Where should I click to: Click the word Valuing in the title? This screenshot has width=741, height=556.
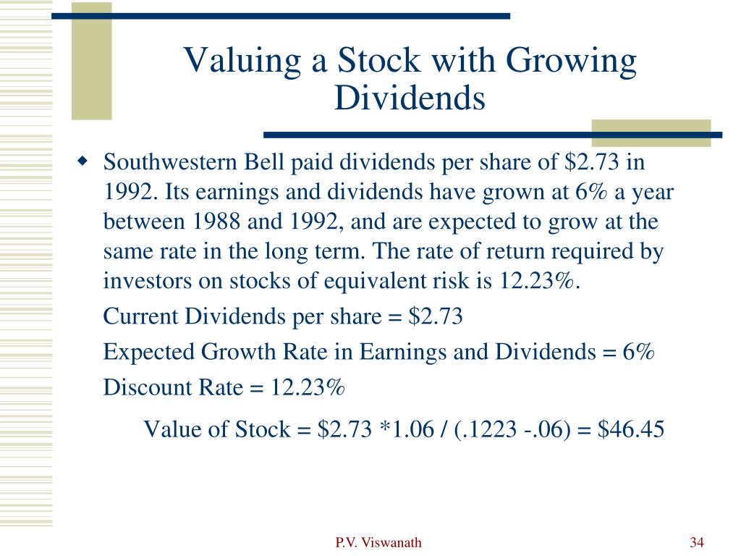pos(242,62)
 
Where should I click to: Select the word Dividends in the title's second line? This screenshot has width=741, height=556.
pos(410,98)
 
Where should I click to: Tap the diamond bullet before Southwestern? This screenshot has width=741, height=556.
pos(82,161)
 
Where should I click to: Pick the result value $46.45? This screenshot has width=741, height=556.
pos(631,429)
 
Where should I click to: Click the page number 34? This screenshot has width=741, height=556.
pos(697,542)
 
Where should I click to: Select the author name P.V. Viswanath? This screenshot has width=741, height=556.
pos(378,542)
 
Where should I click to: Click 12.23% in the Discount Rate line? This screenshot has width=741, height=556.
pos(307,387)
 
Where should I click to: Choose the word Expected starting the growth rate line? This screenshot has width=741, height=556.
pos(149,353)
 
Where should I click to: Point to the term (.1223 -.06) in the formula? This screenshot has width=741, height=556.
pos(512,429)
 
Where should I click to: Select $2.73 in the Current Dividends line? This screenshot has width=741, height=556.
pos(435,316)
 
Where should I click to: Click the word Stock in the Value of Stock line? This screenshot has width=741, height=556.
pos(263,429)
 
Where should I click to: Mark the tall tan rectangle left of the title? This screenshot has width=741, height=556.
pos(92,61)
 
